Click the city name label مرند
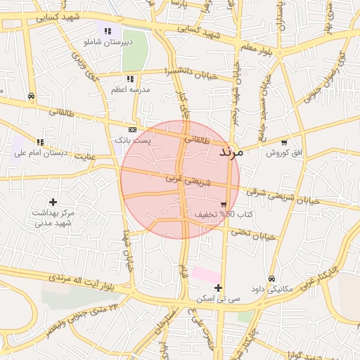pyautogui.click(x=231, y=152)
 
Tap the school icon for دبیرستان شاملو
pyautogui.click(x=108, y=32)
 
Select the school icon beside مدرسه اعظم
pyautogui.click(x=130, y=79)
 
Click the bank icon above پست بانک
pyautogui.click(x=132, y=130)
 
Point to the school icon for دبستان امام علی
pyautogui.click(x=40, y=142)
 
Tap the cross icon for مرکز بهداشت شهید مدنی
pyautogui.click(x=53, y=202)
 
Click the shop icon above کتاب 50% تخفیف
pyautogui.click(x=224, y=205)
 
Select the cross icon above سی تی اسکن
pyautogui.click(x=219, y=288)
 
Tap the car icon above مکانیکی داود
pyautogui.click(x=273, y=278)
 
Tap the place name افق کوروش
pyautogui.click(x=283, y=153)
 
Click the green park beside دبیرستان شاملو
pyautogui.click(x=135, y=46)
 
